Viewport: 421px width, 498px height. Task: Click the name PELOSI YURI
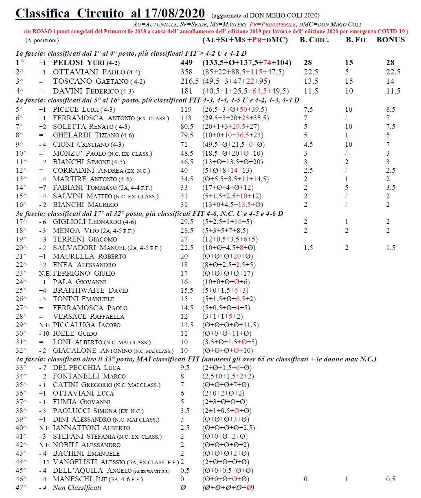pos(81,63)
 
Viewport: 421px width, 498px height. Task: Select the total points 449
pos(187,63)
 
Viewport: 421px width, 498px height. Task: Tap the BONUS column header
pos(390,40)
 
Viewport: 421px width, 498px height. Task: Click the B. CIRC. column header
pos(314,40)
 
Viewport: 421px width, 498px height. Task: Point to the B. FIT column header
pos(356,40)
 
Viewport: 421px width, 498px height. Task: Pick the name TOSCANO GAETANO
pos(90,81)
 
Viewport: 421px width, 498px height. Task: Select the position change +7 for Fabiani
pos(43,187)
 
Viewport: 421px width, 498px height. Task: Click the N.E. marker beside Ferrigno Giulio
pos(45,273)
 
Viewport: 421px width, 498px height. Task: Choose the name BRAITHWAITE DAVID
pos(90,290)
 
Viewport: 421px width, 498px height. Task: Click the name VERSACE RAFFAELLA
pos(88,316)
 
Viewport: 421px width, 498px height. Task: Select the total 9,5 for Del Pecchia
pos(185,368)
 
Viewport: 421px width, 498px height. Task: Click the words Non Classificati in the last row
pos(77,487)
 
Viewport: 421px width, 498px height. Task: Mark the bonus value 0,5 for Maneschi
pos(390,479)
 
